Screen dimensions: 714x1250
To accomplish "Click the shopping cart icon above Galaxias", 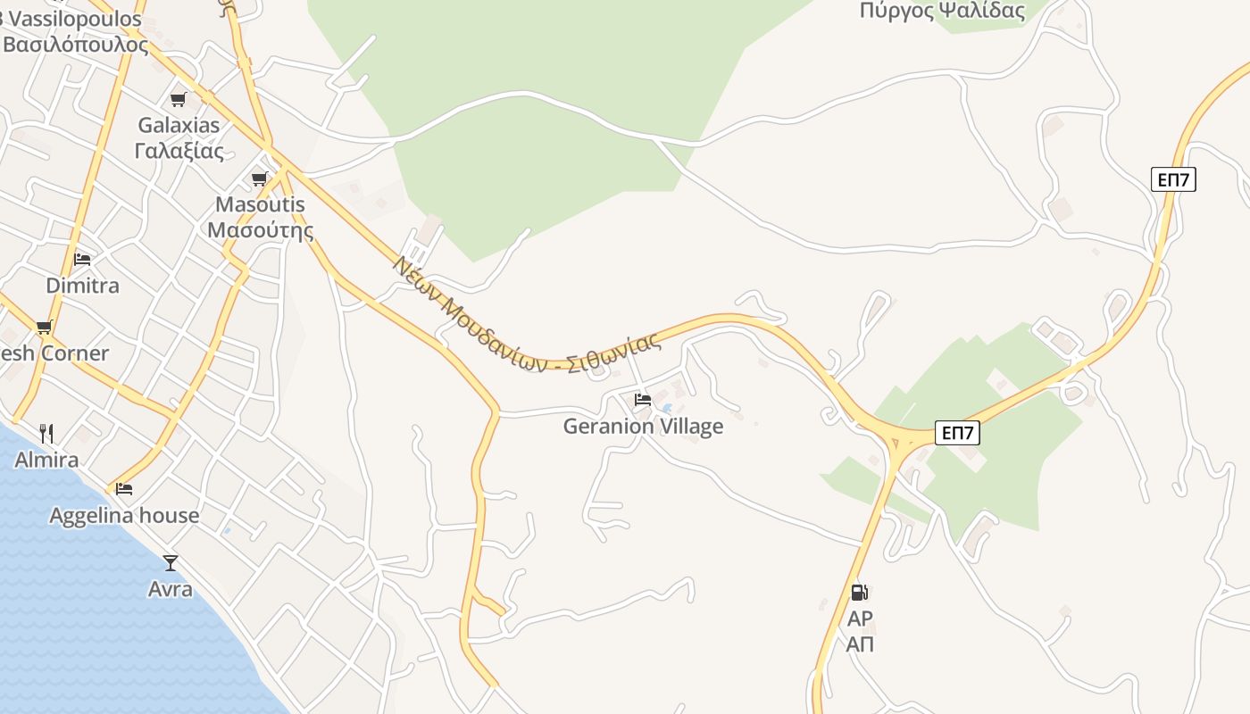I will tap(179, 99).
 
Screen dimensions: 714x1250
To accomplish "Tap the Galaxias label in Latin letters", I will tap(179, 125).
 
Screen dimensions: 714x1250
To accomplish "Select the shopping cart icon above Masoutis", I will tap(260, 178).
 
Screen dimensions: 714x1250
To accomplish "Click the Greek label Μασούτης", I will tap(260, 230).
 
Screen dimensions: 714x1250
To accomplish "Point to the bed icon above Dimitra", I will tap(82, 260).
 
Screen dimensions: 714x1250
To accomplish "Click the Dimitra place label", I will tap(82, 286).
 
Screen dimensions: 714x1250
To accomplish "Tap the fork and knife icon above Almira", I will tap(46, 434).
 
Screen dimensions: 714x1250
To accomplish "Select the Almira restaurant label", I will tap(46, 460).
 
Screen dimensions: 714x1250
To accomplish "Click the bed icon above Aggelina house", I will tap(124, 489).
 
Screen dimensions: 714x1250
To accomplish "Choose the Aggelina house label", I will tap(124, 515).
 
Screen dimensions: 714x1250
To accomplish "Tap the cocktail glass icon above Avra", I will tap(171, 563).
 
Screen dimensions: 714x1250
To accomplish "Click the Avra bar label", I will tap(171, 589).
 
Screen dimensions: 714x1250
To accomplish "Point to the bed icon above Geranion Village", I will tap(643, 400).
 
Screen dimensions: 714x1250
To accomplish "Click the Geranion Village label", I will tap(643, 427).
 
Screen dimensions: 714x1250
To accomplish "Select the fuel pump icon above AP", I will tap(859, 592).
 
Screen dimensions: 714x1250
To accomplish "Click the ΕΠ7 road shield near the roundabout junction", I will tap(958, 434).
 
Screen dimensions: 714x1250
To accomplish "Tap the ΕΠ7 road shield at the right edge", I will tap(1173, 179).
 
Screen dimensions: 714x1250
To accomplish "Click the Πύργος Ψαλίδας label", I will tap(942, 11).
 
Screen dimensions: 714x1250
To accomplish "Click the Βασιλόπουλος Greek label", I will tap(75, 44).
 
